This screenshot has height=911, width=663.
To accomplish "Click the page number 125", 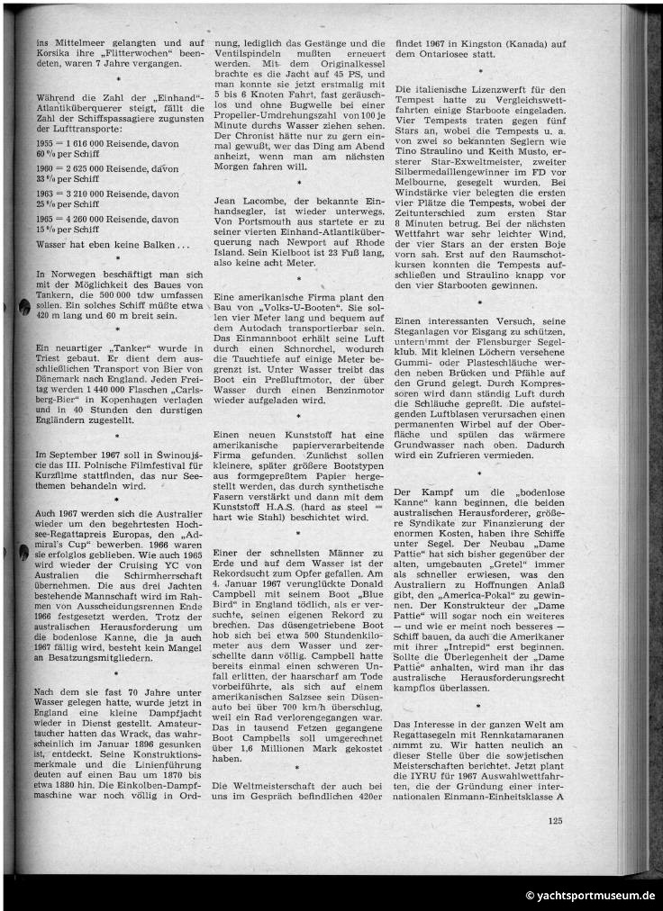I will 554,818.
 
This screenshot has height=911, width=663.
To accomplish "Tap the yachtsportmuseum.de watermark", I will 591,896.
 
